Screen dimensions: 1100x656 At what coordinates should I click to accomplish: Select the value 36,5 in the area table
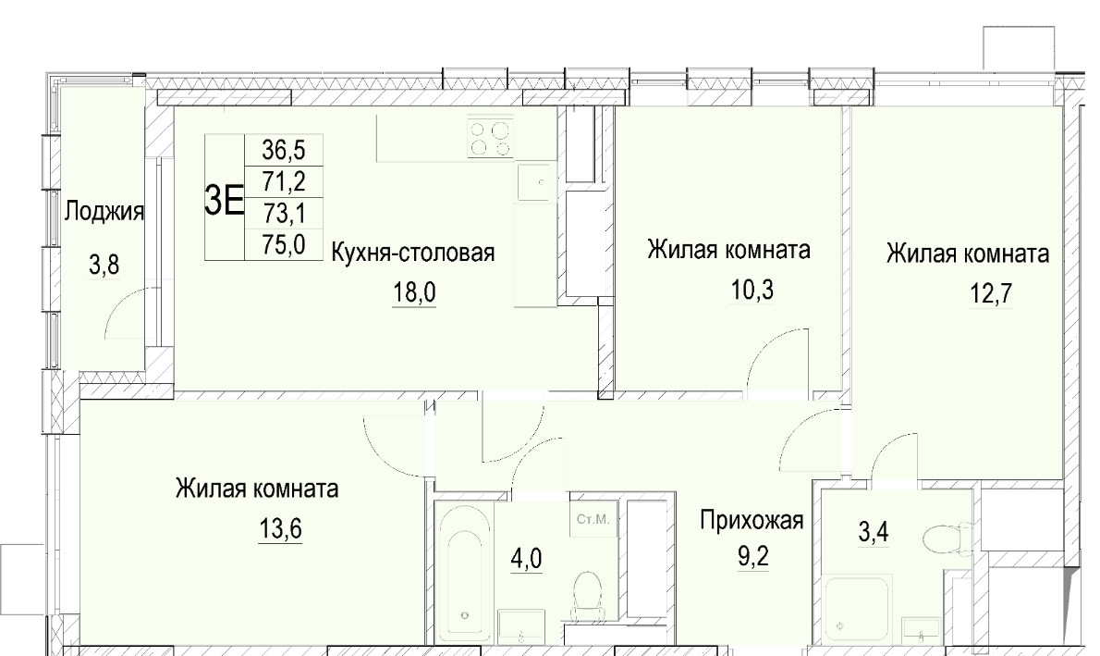tap(284, 150)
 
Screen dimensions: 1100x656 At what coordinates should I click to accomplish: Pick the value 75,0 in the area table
tap(284, 244)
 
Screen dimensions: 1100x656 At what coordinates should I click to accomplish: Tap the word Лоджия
tap(104, 211)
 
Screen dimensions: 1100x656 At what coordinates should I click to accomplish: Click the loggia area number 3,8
tap(104, 265)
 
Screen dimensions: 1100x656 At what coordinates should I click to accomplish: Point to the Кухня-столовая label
tap(412, 253)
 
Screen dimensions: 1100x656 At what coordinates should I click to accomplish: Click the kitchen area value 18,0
tap(414, 291)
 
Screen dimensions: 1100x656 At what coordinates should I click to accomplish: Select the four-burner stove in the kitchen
tap(490, 138)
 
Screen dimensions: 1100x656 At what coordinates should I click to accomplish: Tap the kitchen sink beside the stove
tap(537, 182)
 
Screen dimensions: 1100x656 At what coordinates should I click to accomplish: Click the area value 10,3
tap(752, 289)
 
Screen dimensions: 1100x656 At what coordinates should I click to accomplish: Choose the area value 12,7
tap(991, 293)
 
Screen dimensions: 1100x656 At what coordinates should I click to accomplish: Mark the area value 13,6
tap(281, 527)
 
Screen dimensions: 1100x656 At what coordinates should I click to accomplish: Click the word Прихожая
tap(752, 520)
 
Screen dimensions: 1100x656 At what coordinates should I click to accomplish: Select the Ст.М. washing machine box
tap(593, 519)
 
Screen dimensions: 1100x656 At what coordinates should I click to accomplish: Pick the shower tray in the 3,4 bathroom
tap(857, 608)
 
